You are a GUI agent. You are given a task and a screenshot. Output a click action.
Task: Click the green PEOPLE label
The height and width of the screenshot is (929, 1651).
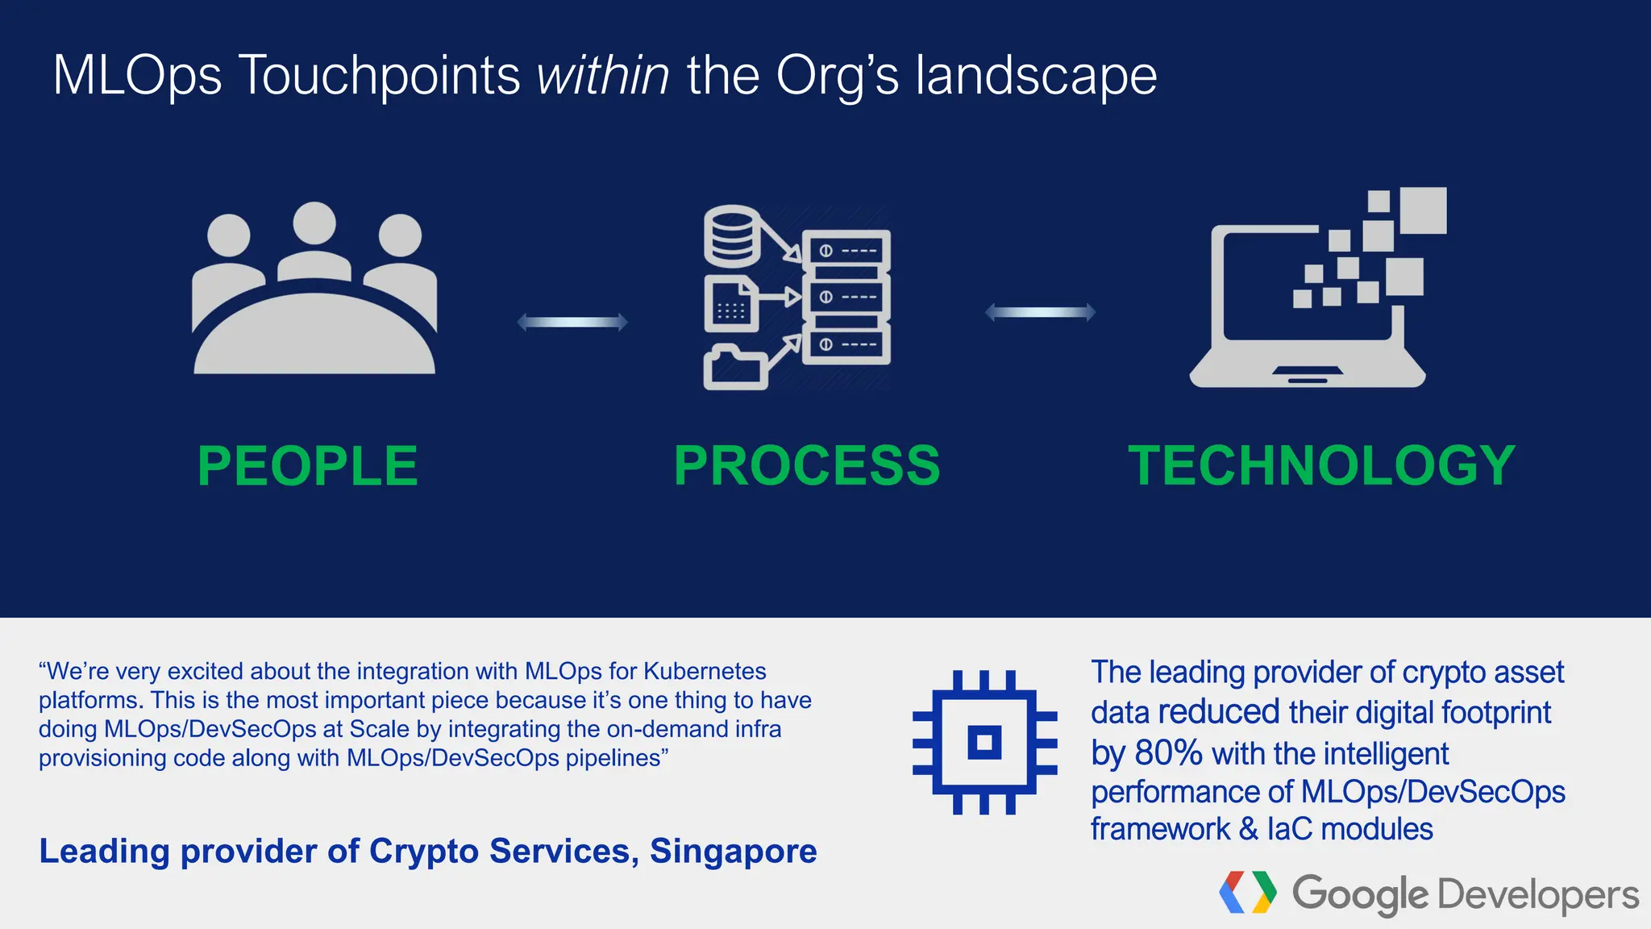[x=307, y=466]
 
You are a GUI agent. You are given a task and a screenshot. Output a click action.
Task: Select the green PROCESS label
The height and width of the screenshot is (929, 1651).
[x=807, y=466]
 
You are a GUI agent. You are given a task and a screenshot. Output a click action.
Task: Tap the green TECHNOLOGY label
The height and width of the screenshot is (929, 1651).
[x=1321, y=466]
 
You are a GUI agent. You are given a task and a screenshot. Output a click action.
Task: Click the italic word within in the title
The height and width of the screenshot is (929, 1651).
[x=603, y=76]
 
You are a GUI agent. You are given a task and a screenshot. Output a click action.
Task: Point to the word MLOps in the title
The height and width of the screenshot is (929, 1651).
[x=137, y=76]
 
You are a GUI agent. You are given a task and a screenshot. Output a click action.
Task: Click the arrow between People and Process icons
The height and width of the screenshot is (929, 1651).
[x=572, y=322]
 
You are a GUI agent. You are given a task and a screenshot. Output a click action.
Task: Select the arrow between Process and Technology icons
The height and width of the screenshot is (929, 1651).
[x=1040, y=312]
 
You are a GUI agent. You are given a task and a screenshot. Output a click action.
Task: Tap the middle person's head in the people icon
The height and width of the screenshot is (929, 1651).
[x=314, y=223]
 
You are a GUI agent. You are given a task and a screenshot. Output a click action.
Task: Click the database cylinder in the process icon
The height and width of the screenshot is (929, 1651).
[x=732, y=235]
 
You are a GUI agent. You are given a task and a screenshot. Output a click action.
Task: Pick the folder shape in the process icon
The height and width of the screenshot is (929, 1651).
[x=734, y=369]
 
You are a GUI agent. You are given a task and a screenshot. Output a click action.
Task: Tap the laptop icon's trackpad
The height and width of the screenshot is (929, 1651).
[x=1308, y=372]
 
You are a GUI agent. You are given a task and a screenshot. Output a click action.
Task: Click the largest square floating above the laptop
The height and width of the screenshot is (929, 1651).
[x=1423, y=210]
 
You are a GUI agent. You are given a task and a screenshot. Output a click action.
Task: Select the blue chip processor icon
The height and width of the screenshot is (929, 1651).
[x=984, y=742]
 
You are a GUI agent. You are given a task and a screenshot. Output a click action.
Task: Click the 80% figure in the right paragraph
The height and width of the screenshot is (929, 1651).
[x=1168, y=753]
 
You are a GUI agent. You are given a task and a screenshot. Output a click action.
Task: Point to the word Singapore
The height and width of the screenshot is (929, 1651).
[x=733, y=852]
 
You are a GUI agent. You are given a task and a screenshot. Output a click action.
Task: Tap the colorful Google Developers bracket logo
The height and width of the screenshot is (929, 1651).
[x=1248, y=893]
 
